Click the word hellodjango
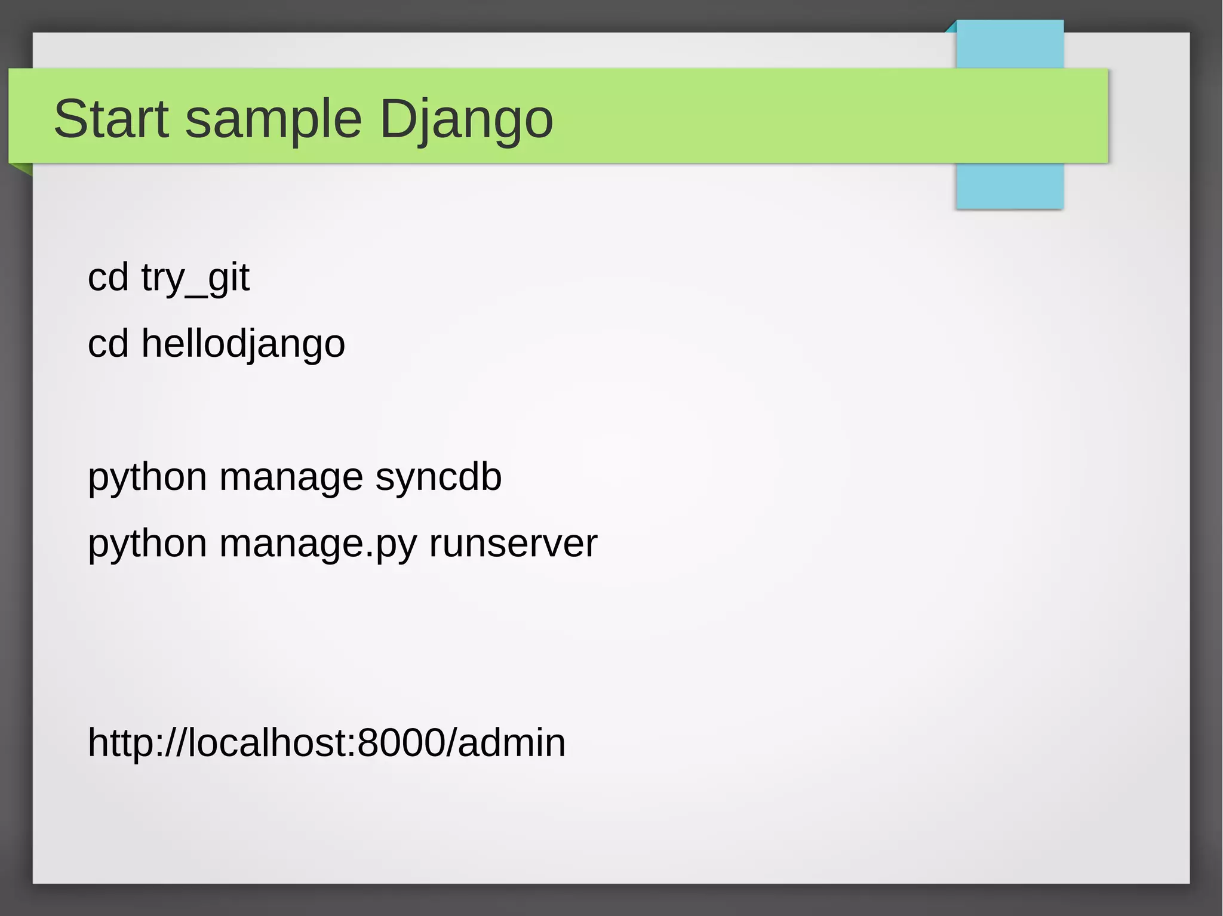243,344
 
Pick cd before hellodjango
108,344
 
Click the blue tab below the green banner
1009,186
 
